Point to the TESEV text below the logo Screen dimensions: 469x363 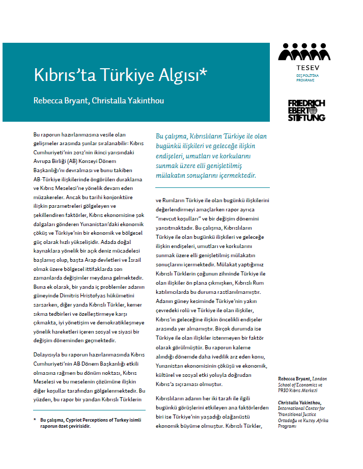304,67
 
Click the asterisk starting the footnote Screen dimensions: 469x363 28,420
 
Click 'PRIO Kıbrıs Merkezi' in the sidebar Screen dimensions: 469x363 297,390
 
